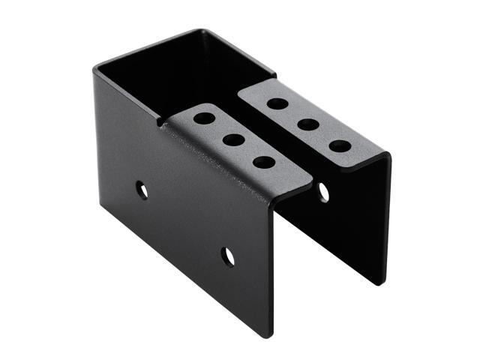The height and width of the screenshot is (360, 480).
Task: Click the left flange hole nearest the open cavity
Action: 204,118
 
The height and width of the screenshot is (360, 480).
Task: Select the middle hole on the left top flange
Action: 233,139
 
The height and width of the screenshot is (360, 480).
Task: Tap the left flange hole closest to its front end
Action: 263,161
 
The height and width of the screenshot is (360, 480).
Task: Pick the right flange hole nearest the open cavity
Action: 277,103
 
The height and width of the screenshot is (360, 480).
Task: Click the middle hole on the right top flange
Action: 308,124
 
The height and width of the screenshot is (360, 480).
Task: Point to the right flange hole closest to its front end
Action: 340,145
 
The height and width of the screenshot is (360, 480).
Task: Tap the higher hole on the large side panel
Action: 142,189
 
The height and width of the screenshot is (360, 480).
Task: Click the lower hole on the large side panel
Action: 228,256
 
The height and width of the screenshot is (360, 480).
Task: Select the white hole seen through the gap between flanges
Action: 323,192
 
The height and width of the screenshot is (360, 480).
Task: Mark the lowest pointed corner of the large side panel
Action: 271,337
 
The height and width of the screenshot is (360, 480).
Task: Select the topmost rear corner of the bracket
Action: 201,31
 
